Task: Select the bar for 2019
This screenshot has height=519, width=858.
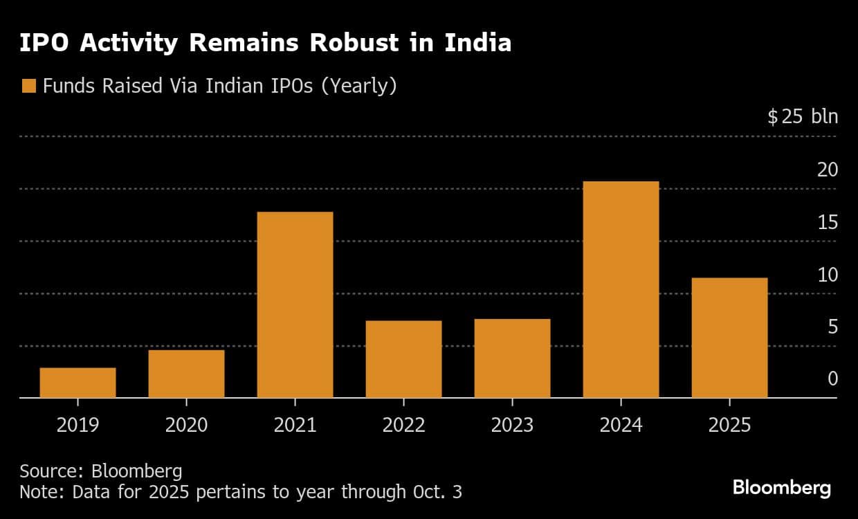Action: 77,383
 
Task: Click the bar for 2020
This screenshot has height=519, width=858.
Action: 186,374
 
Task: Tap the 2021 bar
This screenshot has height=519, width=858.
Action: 295,304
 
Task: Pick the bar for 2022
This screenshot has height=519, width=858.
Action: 403,359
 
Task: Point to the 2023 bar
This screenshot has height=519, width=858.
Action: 512,358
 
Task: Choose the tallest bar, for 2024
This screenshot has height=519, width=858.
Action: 621,289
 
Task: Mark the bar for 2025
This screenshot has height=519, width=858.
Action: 729,338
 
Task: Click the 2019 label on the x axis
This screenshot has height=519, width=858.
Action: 77,424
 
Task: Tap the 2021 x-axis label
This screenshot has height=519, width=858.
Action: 295,424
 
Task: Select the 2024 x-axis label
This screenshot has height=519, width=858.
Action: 621,424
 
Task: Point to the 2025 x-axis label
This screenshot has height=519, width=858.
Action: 729,424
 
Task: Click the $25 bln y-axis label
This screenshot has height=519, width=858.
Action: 803,116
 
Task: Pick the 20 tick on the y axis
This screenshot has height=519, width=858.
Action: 828,170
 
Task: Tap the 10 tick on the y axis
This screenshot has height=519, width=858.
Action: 828,275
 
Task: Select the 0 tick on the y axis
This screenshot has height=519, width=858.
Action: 832,379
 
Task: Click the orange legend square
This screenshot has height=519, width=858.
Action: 28,86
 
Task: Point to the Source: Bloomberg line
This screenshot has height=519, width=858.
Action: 101,471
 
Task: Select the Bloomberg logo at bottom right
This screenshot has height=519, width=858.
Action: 781,488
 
